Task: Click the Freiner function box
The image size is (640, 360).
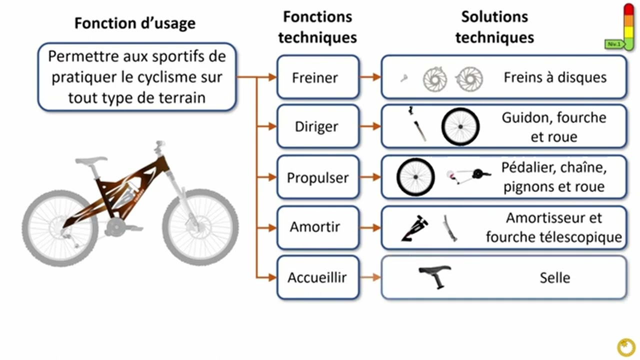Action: [318, 77]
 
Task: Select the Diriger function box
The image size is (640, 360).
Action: [318, 126]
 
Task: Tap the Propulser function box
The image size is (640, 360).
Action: [318, 177]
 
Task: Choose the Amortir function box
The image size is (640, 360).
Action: [318, 227]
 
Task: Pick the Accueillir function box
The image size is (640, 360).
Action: [318, 277]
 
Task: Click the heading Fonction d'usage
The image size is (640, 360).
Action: [135, 23]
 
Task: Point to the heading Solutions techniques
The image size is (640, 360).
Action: [494, 27]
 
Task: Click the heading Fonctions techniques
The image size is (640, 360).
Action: [317, 27]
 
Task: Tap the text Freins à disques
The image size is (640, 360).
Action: [555, 77]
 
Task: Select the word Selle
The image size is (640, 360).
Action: [554, 277]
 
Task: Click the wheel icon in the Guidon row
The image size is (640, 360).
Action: [460, 126]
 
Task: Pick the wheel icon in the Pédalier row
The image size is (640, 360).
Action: [415, 177]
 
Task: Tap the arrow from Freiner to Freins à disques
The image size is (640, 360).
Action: [370, 77]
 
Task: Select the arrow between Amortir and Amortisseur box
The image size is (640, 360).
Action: [370, 227]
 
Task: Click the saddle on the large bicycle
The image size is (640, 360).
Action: [91, 161]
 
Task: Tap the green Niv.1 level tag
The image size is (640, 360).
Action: [613, 44]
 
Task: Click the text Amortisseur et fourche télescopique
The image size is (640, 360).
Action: [553, 227]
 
